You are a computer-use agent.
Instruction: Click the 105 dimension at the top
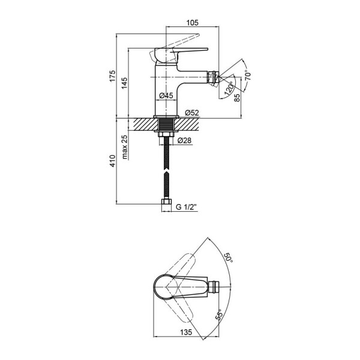tap(192, 23)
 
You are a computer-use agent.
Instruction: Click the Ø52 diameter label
tap(192, 112)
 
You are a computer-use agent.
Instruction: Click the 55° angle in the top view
tap(220, 316)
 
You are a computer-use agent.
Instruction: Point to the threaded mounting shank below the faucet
tap(166, 127)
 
